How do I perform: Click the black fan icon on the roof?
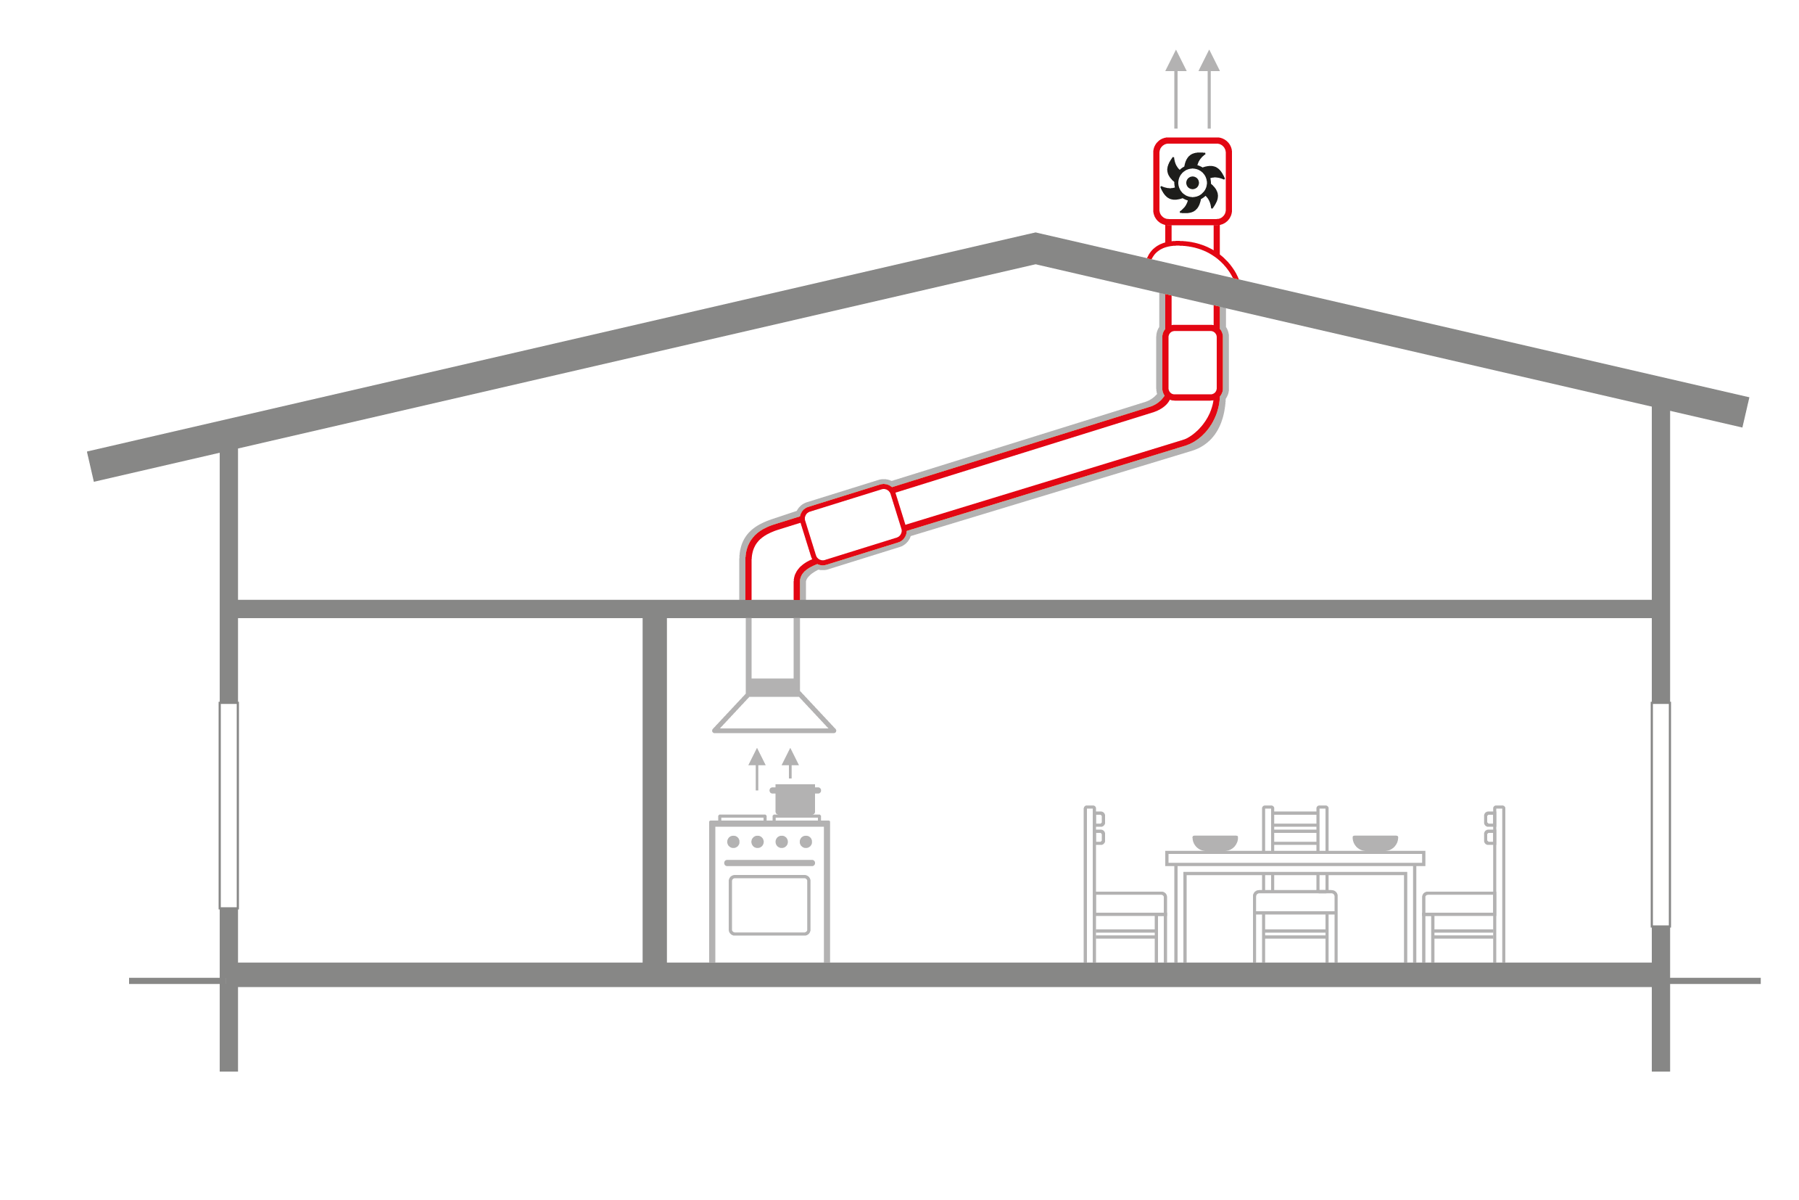click(x=1191, y=183)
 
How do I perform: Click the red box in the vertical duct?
click(x=1191, y=363)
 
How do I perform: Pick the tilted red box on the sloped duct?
click(x=853, y=525)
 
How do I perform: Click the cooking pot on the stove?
click(x=795, y=800)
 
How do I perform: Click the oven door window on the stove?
click(x=769, y=905)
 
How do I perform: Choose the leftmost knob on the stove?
click(x=734, y=842)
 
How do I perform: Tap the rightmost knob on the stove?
click(x=806, y=842)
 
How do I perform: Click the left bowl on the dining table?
click(x=1215, y=842)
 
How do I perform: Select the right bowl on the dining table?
click(x=1376, y=842)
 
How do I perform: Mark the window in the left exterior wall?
click(x=228, y=805)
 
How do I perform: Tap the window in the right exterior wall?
click(x=1661, y=813)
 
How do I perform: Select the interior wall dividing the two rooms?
click(x=655, y=788)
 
